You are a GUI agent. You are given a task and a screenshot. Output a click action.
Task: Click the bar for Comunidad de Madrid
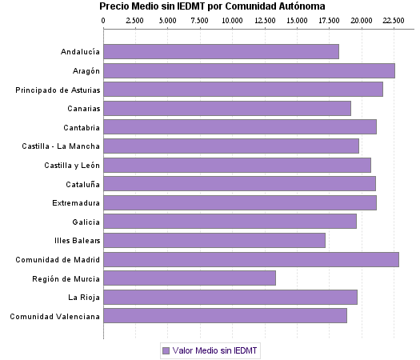click(x=251, y=259)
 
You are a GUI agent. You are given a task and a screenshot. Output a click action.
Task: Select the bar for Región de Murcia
click(x=190, y=278)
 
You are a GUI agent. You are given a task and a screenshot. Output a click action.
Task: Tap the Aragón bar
click(x=249, y=71)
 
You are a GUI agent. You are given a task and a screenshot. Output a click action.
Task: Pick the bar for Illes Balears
click(x=214, y=240)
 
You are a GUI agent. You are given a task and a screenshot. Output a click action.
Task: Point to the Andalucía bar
click(x=221, y=52)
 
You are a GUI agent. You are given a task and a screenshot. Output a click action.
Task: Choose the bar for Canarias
click(x=227, y=109)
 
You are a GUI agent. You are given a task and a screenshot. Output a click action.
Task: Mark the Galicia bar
click(x=230, y=222)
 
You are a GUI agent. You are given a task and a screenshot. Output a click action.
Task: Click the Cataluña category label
click(x=82, y=184)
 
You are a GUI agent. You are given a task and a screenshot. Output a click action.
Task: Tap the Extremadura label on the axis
click(x=76, y=202)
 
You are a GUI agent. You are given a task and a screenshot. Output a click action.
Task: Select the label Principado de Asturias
click(x=58, y=90)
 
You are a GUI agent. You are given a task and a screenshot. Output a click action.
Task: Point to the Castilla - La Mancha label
click(x=62, y=146)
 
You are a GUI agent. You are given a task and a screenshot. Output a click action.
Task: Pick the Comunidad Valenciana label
click(x=54, y=316)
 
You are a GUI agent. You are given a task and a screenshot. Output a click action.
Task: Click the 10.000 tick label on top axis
click(x=233, y=18)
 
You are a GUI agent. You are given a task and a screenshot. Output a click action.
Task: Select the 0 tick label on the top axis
click(x=104, y=18)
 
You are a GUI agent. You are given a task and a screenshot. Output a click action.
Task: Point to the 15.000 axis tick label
click(x=298, y=18)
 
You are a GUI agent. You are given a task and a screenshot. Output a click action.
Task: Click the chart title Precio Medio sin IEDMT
click(x=212, y=6)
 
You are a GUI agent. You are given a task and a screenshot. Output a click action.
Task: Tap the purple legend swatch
click(x=166, y=350)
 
